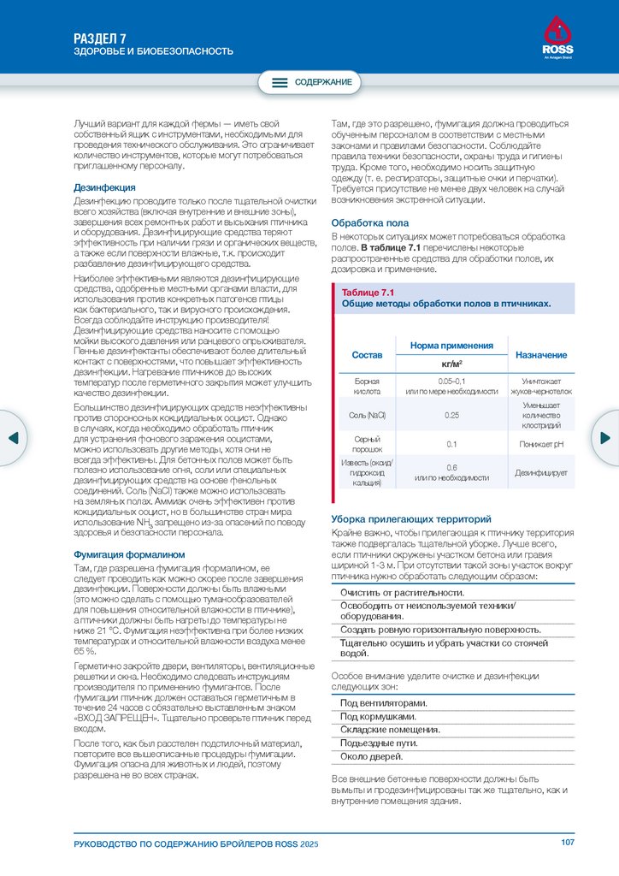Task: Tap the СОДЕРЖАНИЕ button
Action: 311,82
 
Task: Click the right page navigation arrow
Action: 606,437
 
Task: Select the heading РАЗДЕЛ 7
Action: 99,38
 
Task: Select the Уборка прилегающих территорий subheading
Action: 411,519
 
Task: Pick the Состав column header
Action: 368,354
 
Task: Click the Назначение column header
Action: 540,354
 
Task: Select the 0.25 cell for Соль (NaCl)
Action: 452,415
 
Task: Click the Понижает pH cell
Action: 540,444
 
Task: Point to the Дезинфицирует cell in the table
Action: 540,472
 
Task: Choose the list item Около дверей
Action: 371,756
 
